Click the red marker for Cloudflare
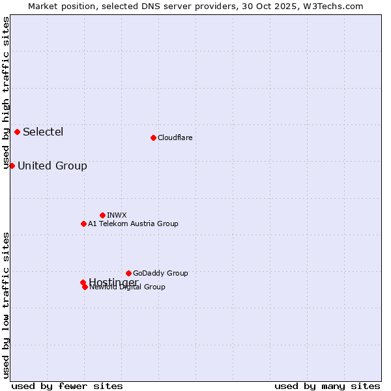[153, 138]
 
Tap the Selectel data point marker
[17, 132]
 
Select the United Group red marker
[12, 166]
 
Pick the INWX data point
[102, 215]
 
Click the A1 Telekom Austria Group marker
[83, 224]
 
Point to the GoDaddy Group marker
[128, 273]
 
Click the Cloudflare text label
[175, 138]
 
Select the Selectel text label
[43, 132]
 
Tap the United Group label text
[52, 166]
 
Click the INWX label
[117, 215]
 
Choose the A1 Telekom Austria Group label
[133, 224]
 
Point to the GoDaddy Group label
[160, 273]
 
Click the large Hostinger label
[113, 282]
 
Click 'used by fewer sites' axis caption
[67, 386]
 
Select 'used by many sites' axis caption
[327, 386]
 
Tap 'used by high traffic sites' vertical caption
[6, 93]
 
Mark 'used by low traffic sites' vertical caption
[6, 304]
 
